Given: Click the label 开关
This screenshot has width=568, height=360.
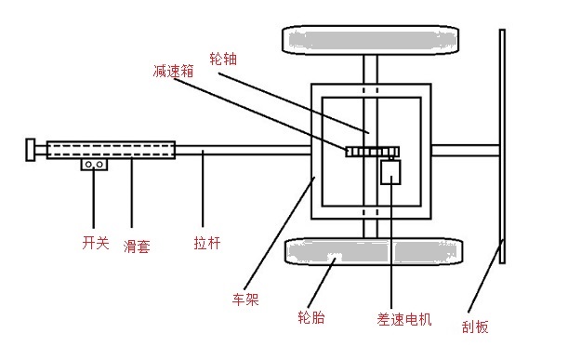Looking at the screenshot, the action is [x=96, y=242].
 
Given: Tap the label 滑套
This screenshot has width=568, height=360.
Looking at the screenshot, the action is [x=137, y=247].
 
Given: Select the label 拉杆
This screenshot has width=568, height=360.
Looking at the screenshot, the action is [x=207, y=243].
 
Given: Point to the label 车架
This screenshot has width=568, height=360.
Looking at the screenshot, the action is [x=245, y=300].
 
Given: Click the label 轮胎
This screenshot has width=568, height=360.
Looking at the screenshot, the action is [x=311, y=317].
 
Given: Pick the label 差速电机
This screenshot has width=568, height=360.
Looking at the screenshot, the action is [x=403, y=319].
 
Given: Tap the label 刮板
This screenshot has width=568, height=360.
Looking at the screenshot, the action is [x=475, y=327].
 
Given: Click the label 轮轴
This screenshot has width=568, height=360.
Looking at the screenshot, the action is [x=223, y=59].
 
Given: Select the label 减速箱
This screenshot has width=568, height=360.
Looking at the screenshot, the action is [x=173, y=71].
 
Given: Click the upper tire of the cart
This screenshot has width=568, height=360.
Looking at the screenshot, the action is [x=370, y=40].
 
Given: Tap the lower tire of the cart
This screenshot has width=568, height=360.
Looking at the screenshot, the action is [x=374, y=251].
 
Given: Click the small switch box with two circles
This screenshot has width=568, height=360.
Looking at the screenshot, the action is [x=94, y=165].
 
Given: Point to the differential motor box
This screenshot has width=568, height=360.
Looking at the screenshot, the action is [x=390, y=172].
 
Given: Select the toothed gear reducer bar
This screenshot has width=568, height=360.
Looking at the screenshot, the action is [x=373, y=152].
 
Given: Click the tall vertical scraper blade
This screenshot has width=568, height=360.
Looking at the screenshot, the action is [x=502, y=146].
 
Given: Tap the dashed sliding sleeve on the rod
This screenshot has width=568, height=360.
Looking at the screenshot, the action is [x=111, y=150].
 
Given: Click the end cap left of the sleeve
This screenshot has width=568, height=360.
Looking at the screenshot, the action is [x=31, y=150].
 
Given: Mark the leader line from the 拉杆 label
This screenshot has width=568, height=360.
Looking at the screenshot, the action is [x=203, y=189].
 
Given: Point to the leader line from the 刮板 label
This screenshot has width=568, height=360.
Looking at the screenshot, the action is [x=485, y=275].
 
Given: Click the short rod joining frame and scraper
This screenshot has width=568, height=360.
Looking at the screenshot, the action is [x=466, y=151].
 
